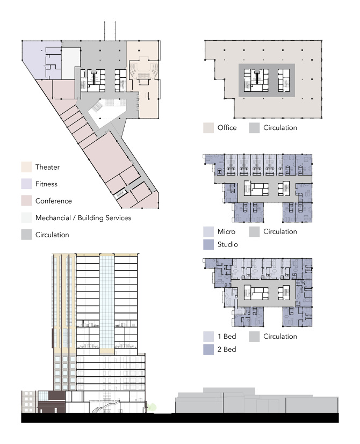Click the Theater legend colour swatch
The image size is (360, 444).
(x=26, y=167)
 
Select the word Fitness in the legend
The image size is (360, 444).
(x=46, y=184)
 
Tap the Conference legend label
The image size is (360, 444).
(x=54, y=201)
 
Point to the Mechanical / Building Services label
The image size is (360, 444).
(x=83, y=218)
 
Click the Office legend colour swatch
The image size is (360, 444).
(x=208, y=128)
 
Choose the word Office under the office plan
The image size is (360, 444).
(x=227, y=128)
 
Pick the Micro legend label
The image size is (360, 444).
(x=227, y=231)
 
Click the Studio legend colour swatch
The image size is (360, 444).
(x=208, y=245)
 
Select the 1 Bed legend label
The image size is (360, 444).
(x=227, y=337)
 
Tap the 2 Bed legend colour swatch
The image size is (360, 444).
(x=208, y=350)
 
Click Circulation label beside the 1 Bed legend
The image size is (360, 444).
(x=280, y=337)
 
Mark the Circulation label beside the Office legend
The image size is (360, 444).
(x=280, y=128)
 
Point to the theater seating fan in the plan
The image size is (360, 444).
(x=143, y=70)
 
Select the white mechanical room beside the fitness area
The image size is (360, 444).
(x=70, y=63)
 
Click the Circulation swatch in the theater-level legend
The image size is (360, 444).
(x=26, y=235)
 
